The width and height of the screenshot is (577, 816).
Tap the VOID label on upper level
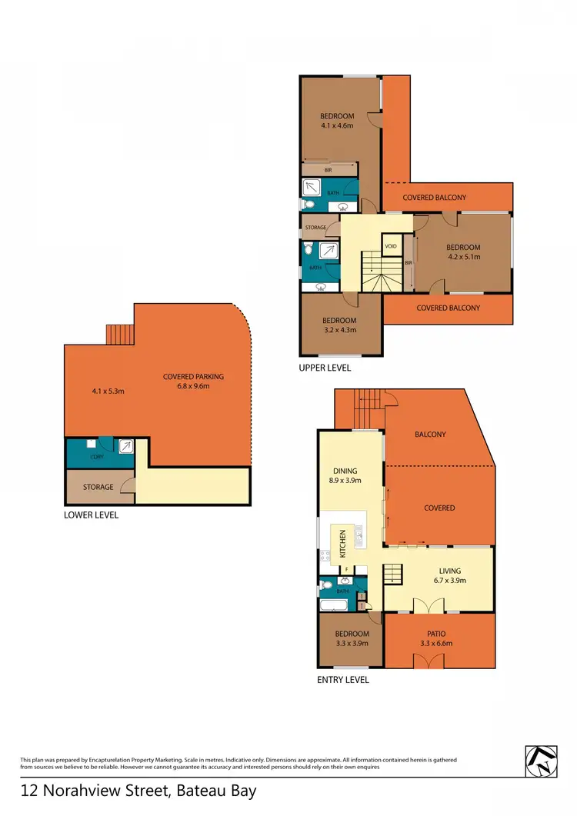(x=390, y=246)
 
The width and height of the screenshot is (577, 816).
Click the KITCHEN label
(x=343, y=544)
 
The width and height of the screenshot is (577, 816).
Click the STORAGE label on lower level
(x=98, y=487)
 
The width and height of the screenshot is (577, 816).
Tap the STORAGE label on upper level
(x=316, y=228)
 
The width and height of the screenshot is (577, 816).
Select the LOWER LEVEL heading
(x=91, y=515)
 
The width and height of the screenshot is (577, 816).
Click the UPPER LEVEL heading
(x=325, y=368)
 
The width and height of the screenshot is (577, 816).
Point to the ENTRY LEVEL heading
(x=343, y=680)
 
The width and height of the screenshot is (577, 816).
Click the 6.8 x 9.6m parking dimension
(x=193, y=387)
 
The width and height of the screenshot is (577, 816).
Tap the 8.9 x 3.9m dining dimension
(x=345, y=480)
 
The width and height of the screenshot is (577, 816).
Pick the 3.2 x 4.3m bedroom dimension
(x=339, y=331)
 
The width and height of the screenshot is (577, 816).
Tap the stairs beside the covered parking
(x=120, y=335)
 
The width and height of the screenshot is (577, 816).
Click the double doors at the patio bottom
(x=425, y=661)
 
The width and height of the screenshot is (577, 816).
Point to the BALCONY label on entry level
(x=430, y=435)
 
